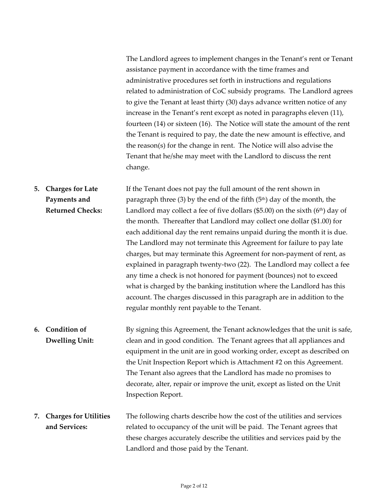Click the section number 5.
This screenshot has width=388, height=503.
(37, 189)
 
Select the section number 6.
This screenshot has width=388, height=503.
(37, 330)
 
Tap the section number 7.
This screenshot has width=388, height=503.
(37, 416)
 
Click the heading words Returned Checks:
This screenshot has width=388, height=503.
(74, 211)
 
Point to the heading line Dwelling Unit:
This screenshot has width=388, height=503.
(69, 341)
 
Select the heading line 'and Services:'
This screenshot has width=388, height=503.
(67, 427)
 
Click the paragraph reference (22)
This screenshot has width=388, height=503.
(244, 265)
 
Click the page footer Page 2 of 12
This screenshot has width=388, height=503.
(194, 486)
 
